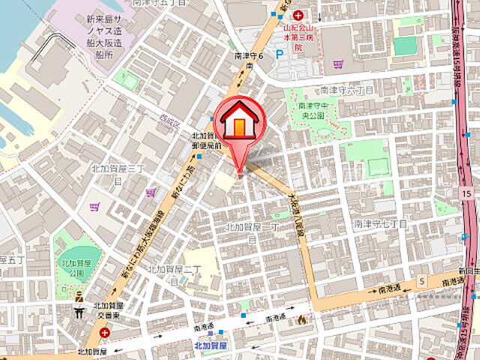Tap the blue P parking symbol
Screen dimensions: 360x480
pyautogui.click(x=280, y=54)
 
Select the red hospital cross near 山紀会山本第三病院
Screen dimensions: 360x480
pyautogui.click(x=298, y=15)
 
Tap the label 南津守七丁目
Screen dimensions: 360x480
pyautogui.click(x=380, y=223)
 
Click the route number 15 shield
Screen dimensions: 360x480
pyautogui.click(x=467, y=194)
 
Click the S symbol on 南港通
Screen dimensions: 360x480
pyautogui.click(x=422, y=280)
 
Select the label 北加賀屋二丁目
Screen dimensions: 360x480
pyautogui.click(x=174, y=273)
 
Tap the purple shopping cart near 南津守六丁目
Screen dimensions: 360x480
pyautogui.click(x=338, y=64)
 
